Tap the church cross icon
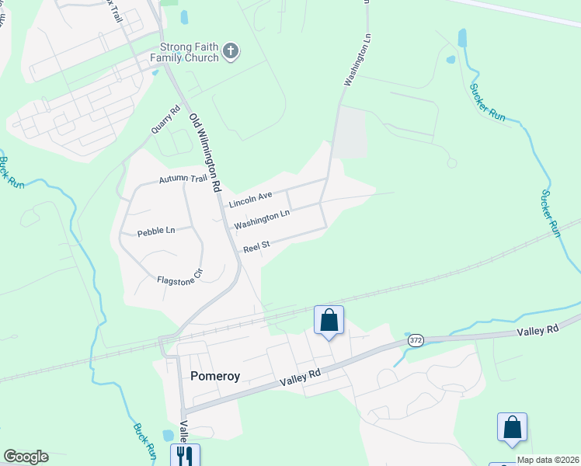click(230, 52)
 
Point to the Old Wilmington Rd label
click(206, 153)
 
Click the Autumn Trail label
click(183, 179)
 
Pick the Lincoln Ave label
click(250, 200)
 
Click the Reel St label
click(256, 247)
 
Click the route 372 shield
click(414, 341)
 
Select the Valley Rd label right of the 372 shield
click(538, 330)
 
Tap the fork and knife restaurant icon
click(184, 454)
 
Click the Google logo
click(26, 457)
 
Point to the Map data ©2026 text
click(548, 460)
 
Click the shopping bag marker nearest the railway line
click(329, 320)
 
